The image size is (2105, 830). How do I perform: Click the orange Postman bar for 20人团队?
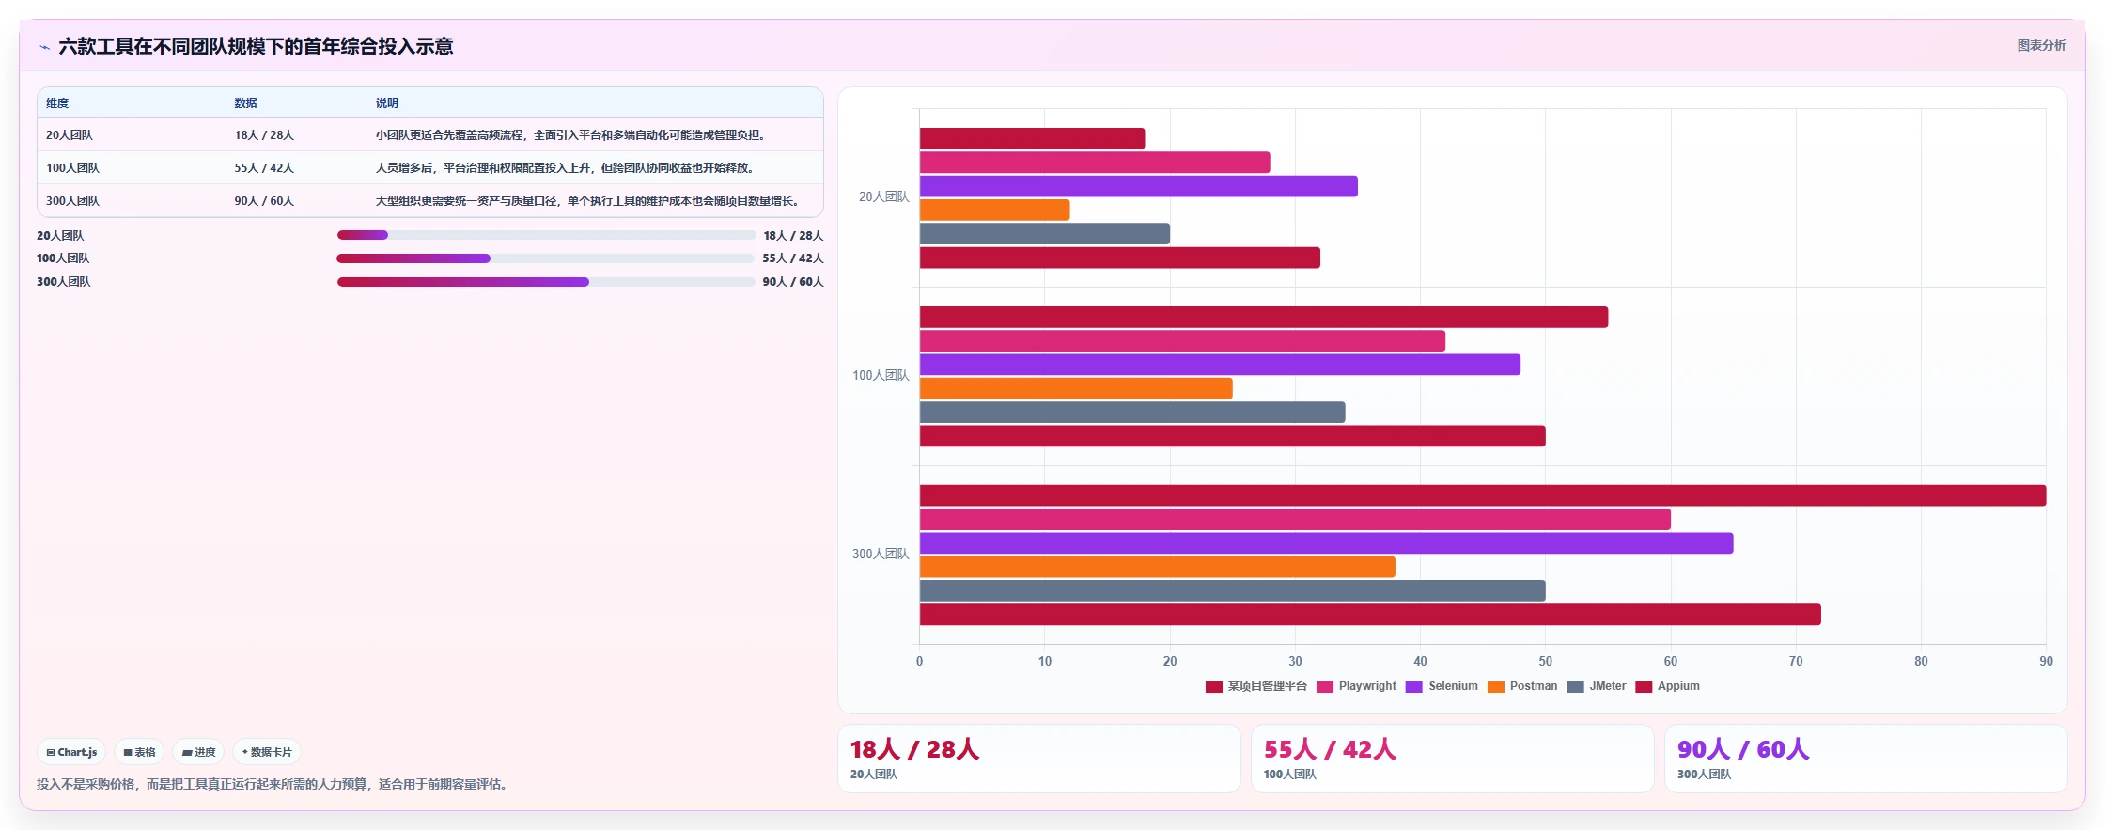click(994, 210)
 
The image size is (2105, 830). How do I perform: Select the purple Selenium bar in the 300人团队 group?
click(1326, 543)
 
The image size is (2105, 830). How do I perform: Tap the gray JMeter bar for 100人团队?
click(1132, 412)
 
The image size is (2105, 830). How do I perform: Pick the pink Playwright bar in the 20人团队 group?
click(1095, 163)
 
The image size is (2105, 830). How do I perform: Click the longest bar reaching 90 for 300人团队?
click(1483, 495)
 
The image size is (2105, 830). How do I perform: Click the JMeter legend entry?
click(1597, 686)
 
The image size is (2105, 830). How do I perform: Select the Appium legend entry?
click(1668, 686)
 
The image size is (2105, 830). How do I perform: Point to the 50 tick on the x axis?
click(1545, 661)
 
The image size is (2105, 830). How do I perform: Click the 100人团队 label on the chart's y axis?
click(881, 375)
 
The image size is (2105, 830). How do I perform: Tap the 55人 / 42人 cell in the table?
click(264, 168)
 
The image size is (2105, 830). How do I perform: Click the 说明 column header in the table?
click(387, 103)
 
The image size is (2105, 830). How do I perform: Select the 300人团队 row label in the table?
click(72, 201)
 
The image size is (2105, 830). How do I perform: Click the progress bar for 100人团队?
click(545, 258)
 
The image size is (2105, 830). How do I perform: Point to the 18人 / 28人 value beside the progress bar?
click(793, 236)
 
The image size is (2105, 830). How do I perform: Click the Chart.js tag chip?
click(71, 752)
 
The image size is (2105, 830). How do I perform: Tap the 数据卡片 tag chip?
click(267, 752)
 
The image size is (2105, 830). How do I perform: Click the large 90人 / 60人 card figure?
click(1743, 749)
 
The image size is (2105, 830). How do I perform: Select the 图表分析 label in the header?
click(2041, 45)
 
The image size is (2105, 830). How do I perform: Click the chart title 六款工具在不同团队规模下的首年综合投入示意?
click(256, 46)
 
